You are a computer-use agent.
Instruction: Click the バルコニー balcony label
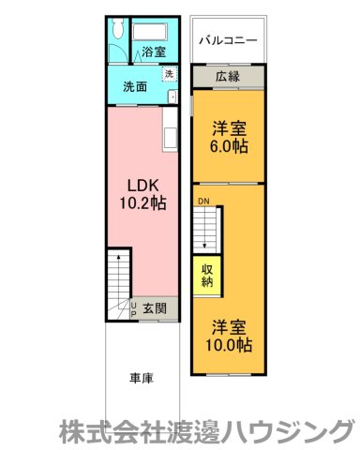[x=230, y=41]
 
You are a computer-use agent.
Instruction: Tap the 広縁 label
[x=226, y=76]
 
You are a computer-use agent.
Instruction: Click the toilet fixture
[x=115, y=30]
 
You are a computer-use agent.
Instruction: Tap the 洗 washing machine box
[x=169, y=74]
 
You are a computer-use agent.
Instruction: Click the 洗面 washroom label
[x=135, y=87]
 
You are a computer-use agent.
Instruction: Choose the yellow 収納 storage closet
[x=207, y=274]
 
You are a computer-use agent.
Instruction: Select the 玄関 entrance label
[x=155, y=307]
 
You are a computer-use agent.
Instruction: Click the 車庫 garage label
[x=142, y=379]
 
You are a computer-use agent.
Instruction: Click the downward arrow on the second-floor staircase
[x=205, y=234]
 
